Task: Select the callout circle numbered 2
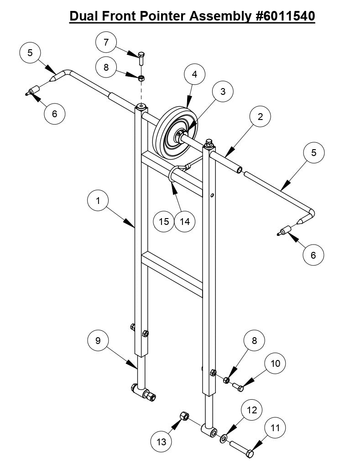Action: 260,116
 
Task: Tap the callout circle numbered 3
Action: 223,91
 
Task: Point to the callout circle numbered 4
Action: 195,75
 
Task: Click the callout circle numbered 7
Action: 106,42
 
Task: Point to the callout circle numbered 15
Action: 164,221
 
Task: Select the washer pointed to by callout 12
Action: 223,439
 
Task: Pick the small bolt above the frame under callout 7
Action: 141,57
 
